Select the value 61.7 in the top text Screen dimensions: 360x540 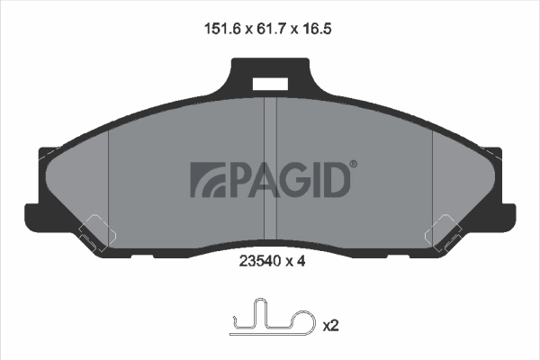coord(269,29)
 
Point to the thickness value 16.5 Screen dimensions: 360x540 coord(321,29)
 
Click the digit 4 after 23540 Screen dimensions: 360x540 coord(304,265)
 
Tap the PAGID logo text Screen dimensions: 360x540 coord(270,179)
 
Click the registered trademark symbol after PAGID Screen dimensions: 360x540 coord(353,165)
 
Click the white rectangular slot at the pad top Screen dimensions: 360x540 coord(269,84)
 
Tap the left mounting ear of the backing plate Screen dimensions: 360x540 coord(34,214)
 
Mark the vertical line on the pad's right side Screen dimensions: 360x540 coord(433,180)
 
